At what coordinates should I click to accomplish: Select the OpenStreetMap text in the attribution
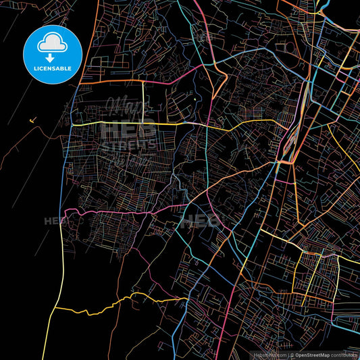(312, 355)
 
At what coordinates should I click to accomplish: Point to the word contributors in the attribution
(345, 355)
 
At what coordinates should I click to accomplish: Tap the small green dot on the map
(195, 101)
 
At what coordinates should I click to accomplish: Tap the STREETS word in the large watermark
(128, 144)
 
